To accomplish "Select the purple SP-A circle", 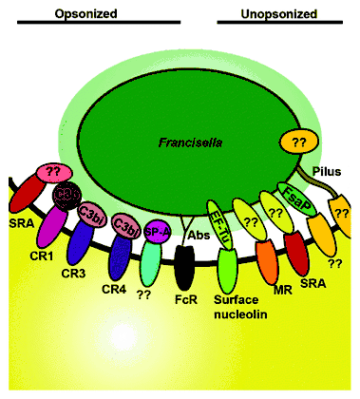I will click(156, 229).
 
